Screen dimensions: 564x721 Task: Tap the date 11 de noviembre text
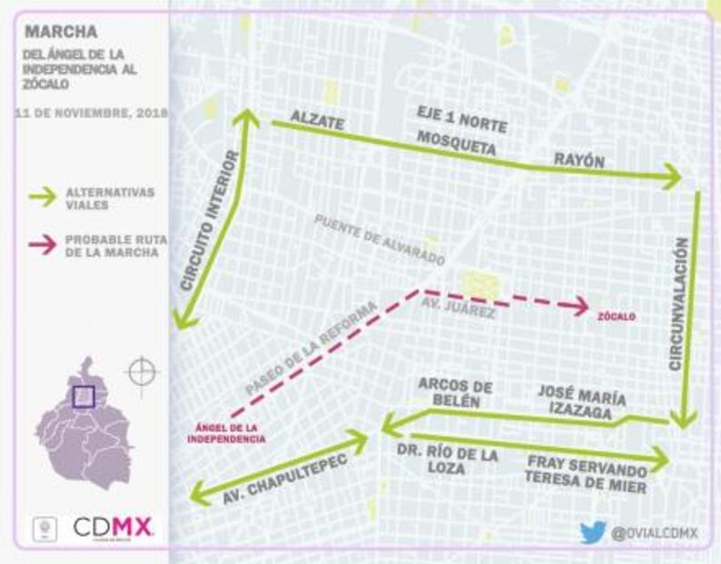click(x=92, y=113)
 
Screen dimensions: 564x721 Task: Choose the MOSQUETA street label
click(x=456, y=143)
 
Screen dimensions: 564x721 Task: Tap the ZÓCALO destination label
click(x=617, y=317)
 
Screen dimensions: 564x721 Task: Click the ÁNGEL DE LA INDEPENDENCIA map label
click(x=226, y=433)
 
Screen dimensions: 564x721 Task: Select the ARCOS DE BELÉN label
click(x=448, y=392)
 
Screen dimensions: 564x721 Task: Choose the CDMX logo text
click(x=114, y=528)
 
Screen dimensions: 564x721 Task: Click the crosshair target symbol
click(x=143, y=371)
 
